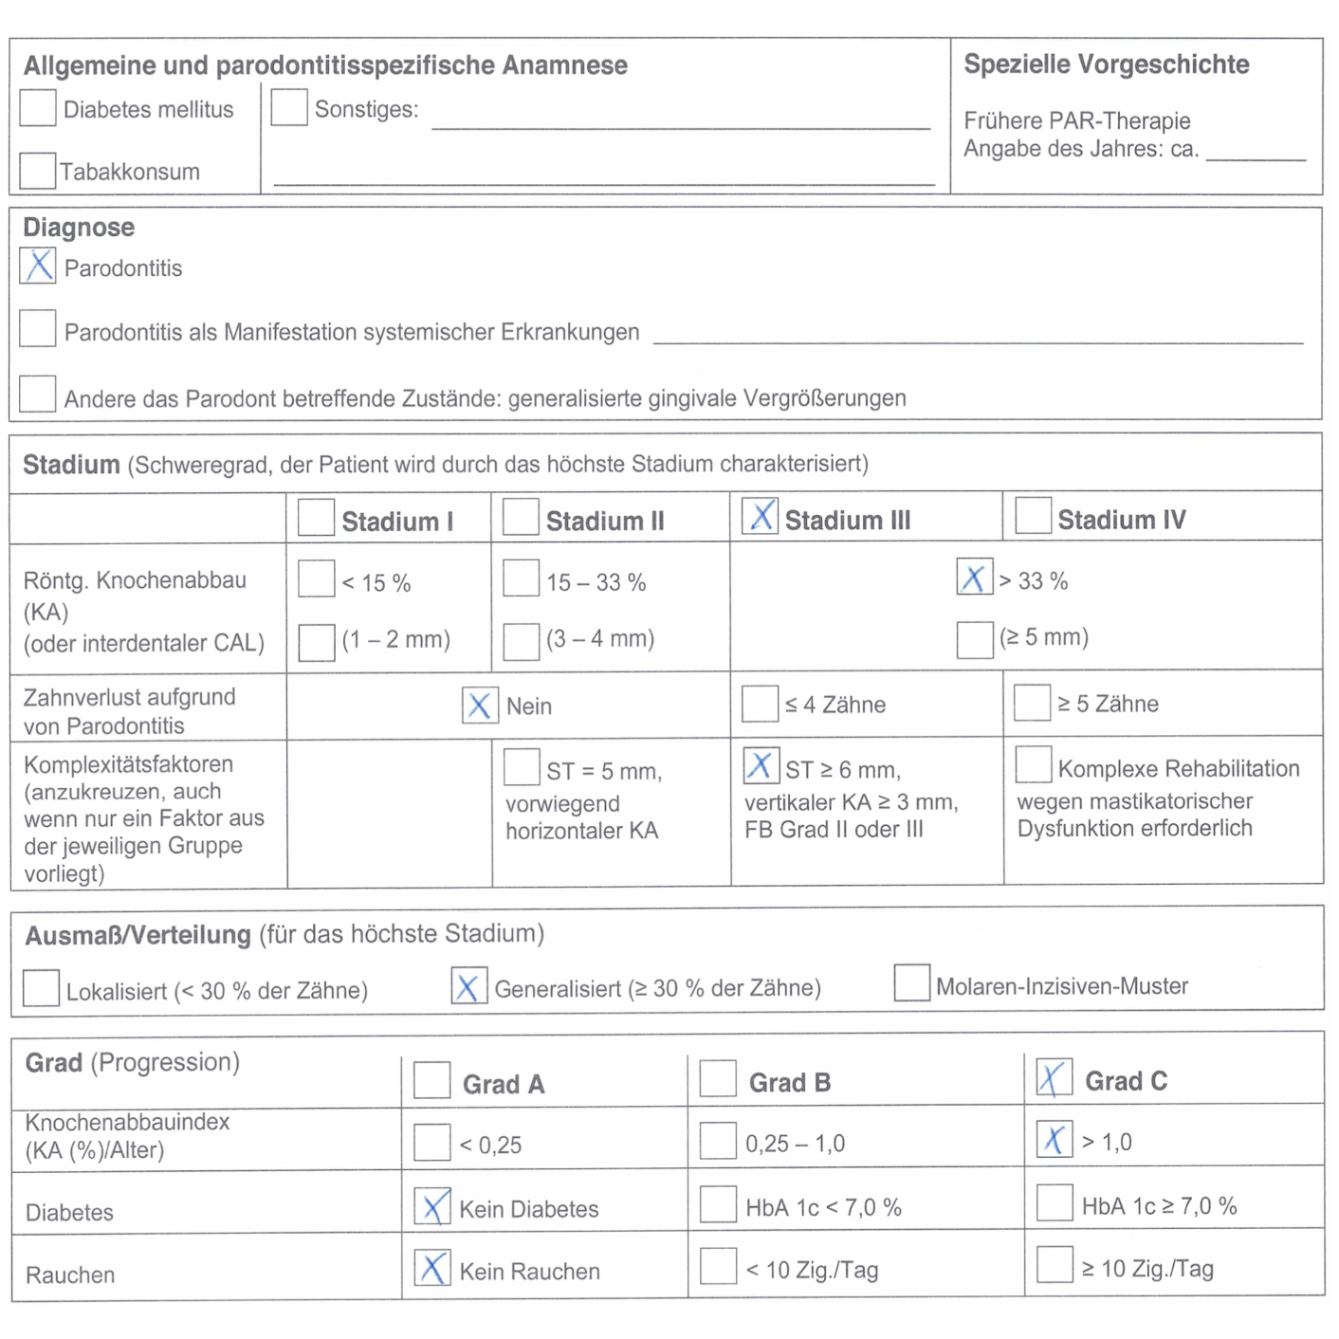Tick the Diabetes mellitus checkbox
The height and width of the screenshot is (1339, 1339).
(x=38, y=108)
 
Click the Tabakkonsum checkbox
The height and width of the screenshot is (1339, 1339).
(x=37, y=171)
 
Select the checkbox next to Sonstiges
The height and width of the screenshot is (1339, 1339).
(x=288, y=107)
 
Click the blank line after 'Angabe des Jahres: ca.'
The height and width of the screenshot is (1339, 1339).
(x=1256, y=152)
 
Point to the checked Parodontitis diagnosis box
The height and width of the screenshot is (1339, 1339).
(x=38, y=266)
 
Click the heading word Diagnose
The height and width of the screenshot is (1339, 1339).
(x=79, y=228)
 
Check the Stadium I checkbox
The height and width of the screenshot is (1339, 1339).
(x=316, y=518)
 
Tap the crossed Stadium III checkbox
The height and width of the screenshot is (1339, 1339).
(x=760, y=516)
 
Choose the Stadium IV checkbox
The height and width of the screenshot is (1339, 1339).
(x=1033, y=516)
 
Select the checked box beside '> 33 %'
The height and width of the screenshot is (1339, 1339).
(x=974, y=578)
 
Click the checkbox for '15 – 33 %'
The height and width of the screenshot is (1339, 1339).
(x=521, y=578)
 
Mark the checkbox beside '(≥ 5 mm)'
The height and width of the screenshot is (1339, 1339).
(x=974, y=639)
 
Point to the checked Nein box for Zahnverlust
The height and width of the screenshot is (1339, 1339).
(x=480, y=705)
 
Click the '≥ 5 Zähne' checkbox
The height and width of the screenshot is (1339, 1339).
(x=1032, y=703)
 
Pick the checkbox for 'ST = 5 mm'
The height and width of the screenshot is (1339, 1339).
(x=522, y=767)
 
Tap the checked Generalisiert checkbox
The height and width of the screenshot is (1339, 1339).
(x=468, y=986)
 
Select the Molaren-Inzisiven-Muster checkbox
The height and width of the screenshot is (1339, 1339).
(x=911, y=983)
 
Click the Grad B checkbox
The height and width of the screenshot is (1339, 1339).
(x=718, y=1079)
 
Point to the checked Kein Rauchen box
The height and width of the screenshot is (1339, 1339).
(x=432, y=1268)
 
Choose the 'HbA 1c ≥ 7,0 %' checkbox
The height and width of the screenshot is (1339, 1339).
(x=1055, y=1202)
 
